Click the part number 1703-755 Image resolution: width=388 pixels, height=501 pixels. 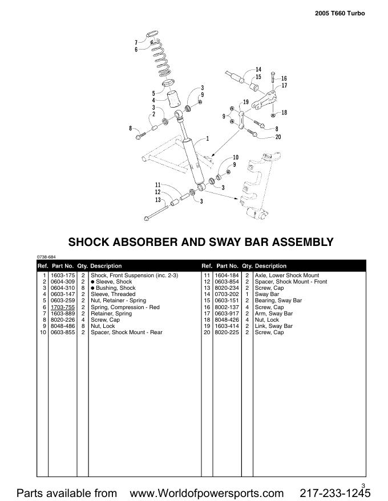point(62,307)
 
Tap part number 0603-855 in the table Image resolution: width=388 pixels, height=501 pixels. point(62,332)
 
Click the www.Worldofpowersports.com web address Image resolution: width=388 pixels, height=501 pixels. point(207,492)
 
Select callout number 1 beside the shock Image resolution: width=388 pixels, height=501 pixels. point(207,138)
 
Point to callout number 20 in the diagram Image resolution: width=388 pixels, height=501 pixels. point(278,137)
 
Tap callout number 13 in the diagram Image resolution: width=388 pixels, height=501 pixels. point(157,200)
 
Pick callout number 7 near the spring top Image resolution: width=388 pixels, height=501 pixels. point(136,42)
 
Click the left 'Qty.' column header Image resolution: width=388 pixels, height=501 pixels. point(82,266)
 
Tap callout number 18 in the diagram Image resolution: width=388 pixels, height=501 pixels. point(284,113)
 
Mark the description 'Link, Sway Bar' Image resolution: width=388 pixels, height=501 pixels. point(273,326)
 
